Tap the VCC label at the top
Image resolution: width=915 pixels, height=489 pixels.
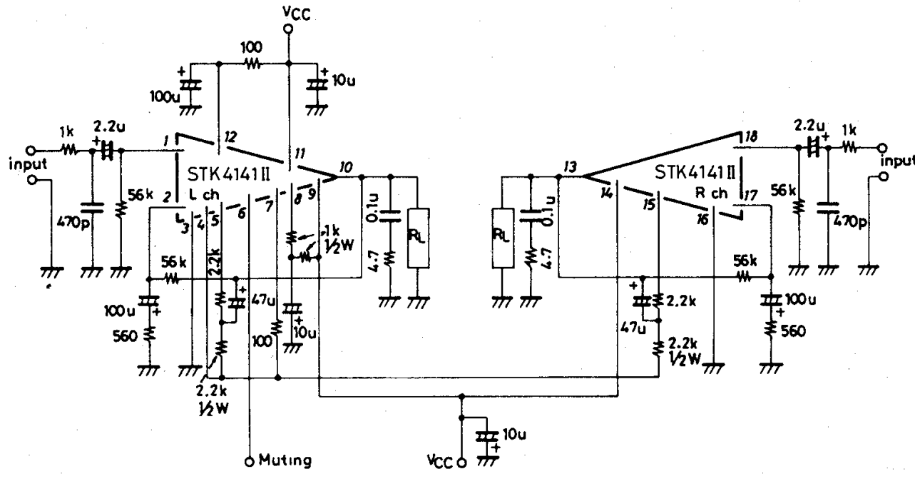pyautogui.click(x=288, y=13)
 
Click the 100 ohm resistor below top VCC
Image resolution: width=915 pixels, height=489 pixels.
pyautogui.click(x=252, y=63)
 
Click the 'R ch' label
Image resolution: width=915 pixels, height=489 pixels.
pyautogui.click(x=710, y=193)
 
